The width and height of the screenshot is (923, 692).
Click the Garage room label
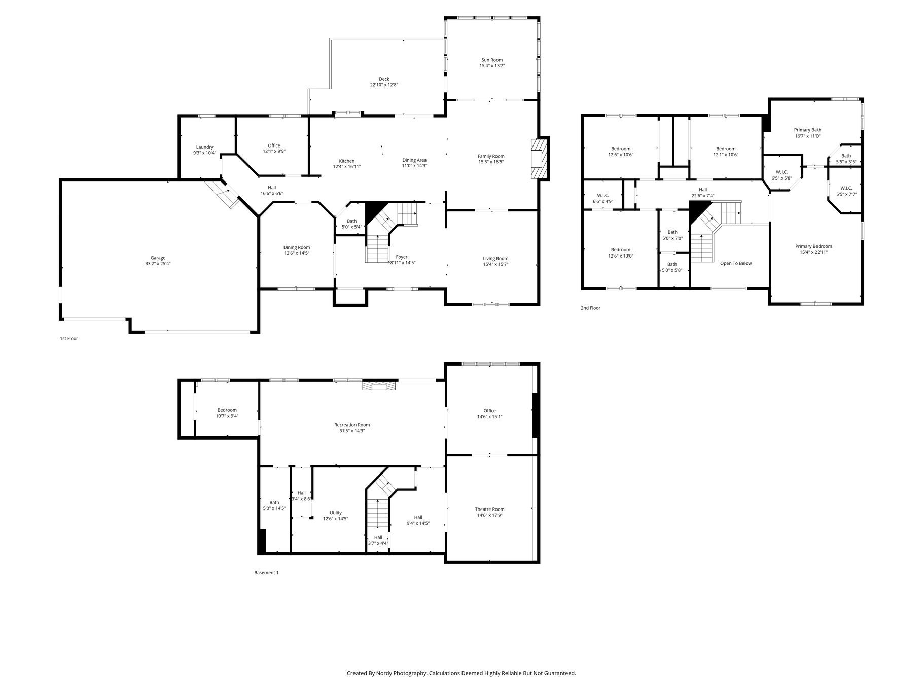[x=158, y=258]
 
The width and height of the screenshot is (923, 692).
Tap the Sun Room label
[x=492, y=60]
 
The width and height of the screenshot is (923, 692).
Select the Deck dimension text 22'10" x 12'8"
[x=384, y=85]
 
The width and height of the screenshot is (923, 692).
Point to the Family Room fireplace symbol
[x=540, y=159]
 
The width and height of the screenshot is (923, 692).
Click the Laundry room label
[x=205, y=147]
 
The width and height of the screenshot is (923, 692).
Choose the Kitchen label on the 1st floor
[x=347, y=161]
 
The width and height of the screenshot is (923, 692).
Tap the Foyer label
[x=402, y=257]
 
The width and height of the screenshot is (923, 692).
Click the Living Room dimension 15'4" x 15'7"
[x=495, y=264]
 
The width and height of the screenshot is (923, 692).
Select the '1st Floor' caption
[x=69, y=338]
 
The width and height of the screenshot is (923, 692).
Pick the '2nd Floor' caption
[x=591, y=308]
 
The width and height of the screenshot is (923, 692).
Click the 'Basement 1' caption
[x=266, y=573]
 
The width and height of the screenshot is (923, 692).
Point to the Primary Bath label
[x=807, y=130]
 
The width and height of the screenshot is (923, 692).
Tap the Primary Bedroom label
[x=813, y=246]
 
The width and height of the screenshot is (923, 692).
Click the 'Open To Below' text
[x=736, y=263]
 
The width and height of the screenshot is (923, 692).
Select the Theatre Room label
[x=489, y=509]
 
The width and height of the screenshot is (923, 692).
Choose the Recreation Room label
[x=352, y=425]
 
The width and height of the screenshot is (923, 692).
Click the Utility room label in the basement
[x=336, y=513]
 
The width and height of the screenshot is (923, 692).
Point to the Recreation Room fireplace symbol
[x=379, y=386]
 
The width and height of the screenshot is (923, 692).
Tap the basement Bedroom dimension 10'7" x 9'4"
[x=227, y=416]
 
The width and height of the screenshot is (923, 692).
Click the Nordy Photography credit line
[x=461, y=673]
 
